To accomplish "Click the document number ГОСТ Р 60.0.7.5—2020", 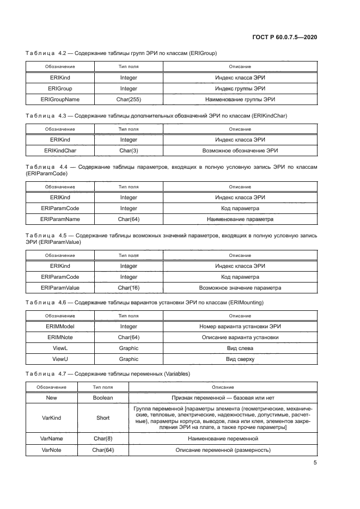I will point(285,37).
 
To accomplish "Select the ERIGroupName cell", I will point(60,100).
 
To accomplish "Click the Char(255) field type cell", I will point(129,100).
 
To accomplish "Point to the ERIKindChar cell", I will point(60,150).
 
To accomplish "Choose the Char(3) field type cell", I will point(129,150).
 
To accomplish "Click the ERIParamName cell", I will point(60,219).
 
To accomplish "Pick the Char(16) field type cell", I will point(129,288).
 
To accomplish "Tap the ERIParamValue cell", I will point(60,288).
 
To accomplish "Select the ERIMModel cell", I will point(60,326).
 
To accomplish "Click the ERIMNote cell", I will point(60,338).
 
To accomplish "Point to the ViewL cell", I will point(60,348).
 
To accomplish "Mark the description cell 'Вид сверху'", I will point(240,359).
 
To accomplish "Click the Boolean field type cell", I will point(103,398).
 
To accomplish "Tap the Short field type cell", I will point(103,418).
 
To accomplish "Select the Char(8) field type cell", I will point(103,438).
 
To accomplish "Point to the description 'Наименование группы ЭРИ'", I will point(240,100).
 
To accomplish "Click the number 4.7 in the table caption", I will point(61,374).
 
